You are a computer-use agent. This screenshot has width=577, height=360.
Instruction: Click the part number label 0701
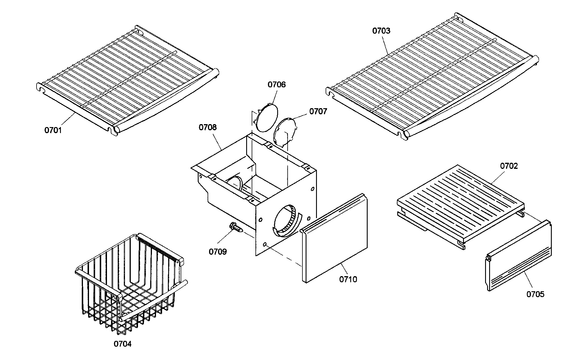(x=53, y=130)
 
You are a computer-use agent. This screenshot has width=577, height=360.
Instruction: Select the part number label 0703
(x=381, y=31)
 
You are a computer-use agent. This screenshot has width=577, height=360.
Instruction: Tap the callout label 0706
(x=276, y=85)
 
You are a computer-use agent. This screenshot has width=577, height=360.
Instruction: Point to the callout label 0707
(x=318, y=111)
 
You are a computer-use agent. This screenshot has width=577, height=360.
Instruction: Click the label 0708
(x=208, y=127)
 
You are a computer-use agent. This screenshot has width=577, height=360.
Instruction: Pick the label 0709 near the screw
(x=218, y=252)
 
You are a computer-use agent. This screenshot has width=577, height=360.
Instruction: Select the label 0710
(x=348, y=279)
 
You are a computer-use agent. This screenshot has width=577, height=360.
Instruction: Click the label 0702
(x=509, y=166)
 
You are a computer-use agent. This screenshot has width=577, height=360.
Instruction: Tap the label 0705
(x=536, y=294)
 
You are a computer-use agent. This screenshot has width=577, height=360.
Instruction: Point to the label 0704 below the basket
(x=122, y=344)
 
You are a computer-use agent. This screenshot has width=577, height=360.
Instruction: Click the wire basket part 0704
(x=130, y=284)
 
